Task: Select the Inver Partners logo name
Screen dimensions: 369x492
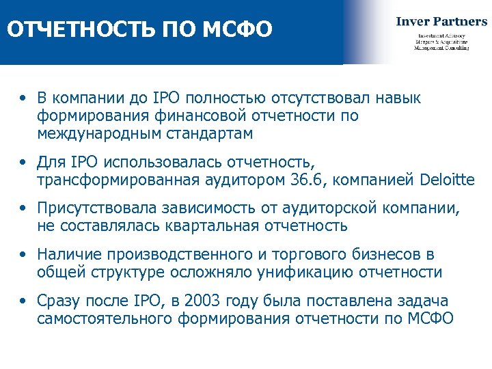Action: pos(441,21)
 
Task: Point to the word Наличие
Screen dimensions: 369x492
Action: pos(68,255)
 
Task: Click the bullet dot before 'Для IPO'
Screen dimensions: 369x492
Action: pos(24,163)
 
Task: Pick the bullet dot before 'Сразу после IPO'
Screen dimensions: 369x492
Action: pos(24,302)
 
